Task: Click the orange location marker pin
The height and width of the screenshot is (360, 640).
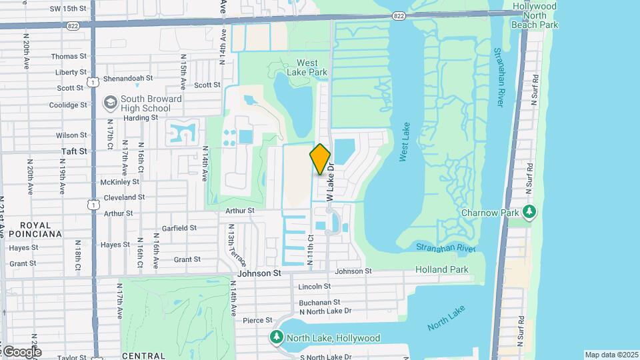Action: point(320,159)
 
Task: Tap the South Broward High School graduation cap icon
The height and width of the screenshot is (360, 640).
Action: point(109,103)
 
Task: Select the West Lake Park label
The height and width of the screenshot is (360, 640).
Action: point(307,67)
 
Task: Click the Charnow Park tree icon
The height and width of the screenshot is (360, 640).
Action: point(529,213)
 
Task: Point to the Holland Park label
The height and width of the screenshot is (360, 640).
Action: point(441,269)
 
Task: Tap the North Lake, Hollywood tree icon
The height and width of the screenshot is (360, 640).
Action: point(277,338)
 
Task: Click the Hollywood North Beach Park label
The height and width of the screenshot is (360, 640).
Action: point(535,15)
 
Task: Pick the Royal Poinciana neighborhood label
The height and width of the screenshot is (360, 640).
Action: point(31,229)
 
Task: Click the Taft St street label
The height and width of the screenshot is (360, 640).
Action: point(75,151)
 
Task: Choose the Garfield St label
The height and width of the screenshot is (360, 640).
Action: point(179,227)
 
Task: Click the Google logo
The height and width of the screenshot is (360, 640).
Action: point(21,352)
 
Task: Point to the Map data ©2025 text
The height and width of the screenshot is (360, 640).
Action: point(611,355)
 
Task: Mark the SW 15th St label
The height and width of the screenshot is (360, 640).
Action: point(69,8)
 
